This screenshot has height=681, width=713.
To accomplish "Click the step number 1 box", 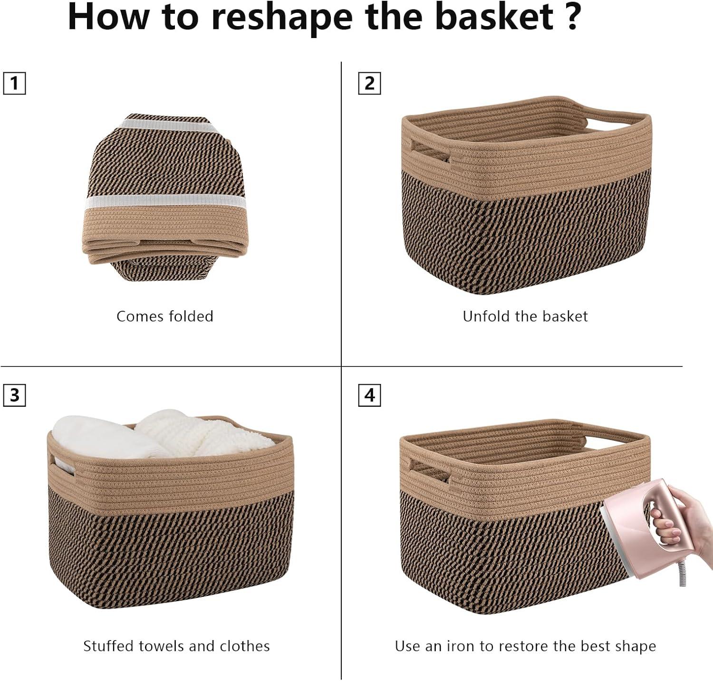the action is tap(14, 84).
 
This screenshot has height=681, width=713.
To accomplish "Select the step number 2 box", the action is tap(369, 84).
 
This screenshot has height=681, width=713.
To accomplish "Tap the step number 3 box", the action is tap(14, 395).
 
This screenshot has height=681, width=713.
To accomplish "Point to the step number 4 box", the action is tap(369, 395).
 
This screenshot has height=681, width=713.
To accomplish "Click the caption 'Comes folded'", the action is tap(165, 317).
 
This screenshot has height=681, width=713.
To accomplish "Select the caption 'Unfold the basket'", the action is tap(525, 317).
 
